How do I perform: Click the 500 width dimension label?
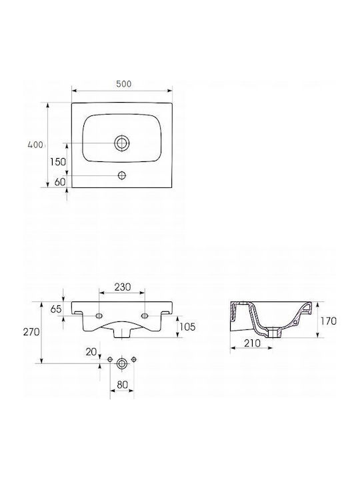pyautogui.click(x=124, y=84)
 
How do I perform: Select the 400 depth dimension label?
pyautogui.click(x=35, y=145)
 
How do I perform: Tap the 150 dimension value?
pyautogui.click(x=58, y=161)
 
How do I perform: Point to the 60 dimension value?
pyautogui.click(x=60, y=182)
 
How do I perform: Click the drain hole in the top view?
pyautogui.click(x=122, y=143)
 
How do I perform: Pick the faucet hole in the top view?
pyautogui.click(x=122, y=175)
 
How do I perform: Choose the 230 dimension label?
pyautogui.click(x=123, y=287)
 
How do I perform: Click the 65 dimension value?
pyautogui.click(x=56, y=309)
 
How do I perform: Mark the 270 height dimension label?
pyautogui.click(x=31, y=331)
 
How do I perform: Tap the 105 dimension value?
pyautogui.click(x=187, y=327)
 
